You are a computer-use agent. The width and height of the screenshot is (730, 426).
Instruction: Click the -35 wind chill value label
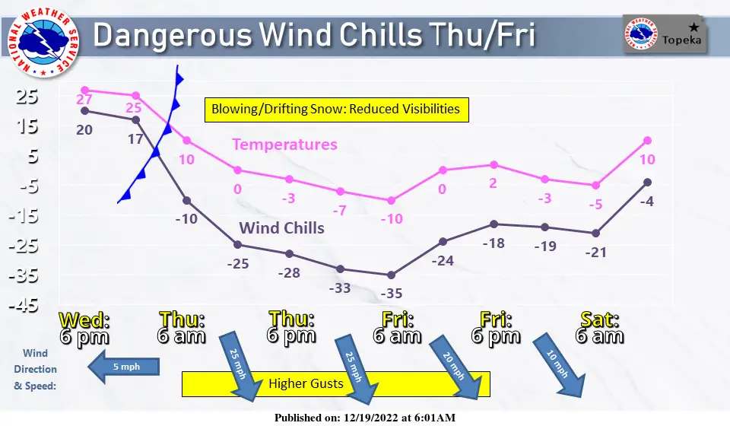[391, 294]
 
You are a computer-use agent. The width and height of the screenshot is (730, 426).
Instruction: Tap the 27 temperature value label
[84, 99]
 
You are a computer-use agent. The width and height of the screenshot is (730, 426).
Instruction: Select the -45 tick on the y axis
[24, 305]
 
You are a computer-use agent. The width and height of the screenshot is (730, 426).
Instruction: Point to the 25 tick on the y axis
[27, 97]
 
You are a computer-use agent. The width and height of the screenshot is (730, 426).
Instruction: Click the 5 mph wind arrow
[123, 367]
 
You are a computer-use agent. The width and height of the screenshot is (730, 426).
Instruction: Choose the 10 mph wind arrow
[559, 365]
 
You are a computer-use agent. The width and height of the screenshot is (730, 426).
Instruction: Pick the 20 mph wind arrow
[455, 367]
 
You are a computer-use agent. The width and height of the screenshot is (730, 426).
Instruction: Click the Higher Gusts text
[306, 383]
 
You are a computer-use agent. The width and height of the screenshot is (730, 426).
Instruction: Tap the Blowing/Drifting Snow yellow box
[337, 110]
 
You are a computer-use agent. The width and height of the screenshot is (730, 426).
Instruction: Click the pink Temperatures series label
[284, 145]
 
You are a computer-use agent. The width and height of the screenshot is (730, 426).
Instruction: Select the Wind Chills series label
[281, 228]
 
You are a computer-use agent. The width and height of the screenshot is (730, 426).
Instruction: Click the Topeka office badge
[665, 34]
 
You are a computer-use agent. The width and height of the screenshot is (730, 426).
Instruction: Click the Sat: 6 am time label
[600, 328]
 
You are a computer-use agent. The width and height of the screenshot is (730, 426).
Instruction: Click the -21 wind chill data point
[595, 234]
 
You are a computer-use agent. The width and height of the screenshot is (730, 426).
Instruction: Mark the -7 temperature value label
[339, 211]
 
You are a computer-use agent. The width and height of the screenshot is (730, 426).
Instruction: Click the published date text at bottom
[365, 418]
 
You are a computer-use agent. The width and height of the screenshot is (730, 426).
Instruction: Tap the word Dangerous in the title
[173, 35]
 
